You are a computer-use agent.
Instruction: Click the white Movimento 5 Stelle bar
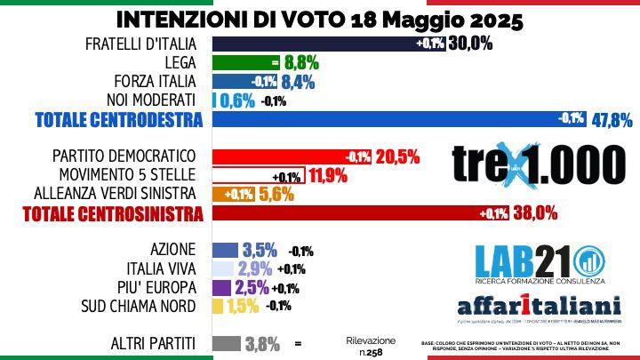(259, 175)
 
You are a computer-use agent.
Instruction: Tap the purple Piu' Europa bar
(221, 288)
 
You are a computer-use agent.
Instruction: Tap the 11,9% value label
(328, 175)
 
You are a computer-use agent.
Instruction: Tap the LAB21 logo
(532, 260)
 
